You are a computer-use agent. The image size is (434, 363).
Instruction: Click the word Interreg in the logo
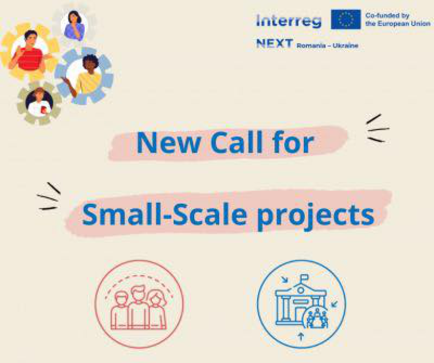289,21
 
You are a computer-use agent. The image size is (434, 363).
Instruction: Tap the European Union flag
346,20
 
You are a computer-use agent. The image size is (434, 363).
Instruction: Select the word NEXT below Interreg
275,44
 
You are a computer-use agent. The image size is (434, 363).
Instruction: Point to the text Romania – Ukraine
328,46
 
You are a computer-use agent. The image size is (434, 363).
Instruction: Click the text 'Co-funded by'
387,15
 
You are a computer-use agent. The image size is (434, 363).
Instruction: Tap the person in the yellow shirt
85,75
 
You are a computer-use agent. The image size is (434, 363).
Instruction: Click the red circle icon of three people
139,304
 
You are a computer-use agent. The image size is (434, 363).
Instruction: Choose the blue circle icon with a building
302,304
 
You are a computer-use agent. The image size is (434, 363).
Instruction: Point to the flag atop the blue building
304,277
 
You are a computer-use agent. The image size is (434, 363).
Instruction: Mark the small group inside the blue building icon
317,319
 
